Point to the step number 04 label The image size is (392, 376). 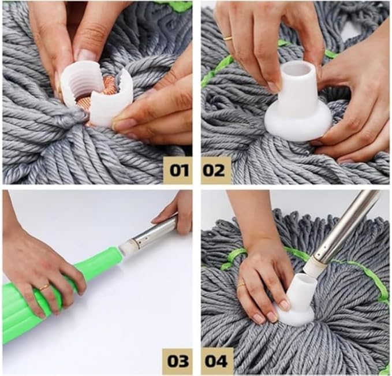click(x=216, y=361)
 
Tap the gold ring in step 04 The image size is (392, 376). click(x=241, y=285)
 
